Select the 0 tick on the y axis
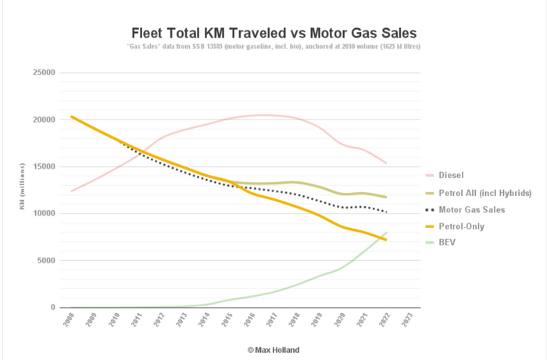[x=52, y=308]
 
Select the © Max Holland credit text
[x=274, y=350]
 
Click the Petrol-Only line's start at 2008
[x=71, y=116]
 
